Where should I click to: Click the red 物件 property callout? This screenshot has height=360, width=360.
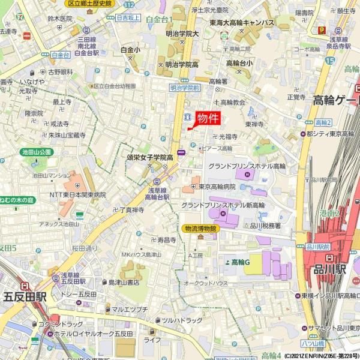[208, 118]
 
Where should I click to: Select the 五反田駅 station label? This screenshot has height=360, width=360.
[25, 296]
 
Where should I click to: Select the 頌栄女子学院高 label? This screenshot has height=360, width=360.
[150, 157]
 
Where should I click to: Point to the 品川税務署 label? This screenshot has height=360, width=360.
[265, 226]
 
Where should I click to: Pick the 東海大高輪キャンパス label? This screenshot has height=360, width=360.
[243, 23]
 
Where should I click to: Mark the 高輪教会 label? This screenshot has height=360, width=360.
[233, 102]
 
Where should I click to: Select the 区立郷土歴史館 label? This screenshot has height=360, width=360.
[89, 4]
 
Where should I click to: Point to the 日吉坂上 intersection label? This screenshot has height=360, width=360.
[127, 19]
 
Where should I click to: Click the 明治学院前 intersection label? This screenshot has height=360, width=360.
[184, 87]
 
